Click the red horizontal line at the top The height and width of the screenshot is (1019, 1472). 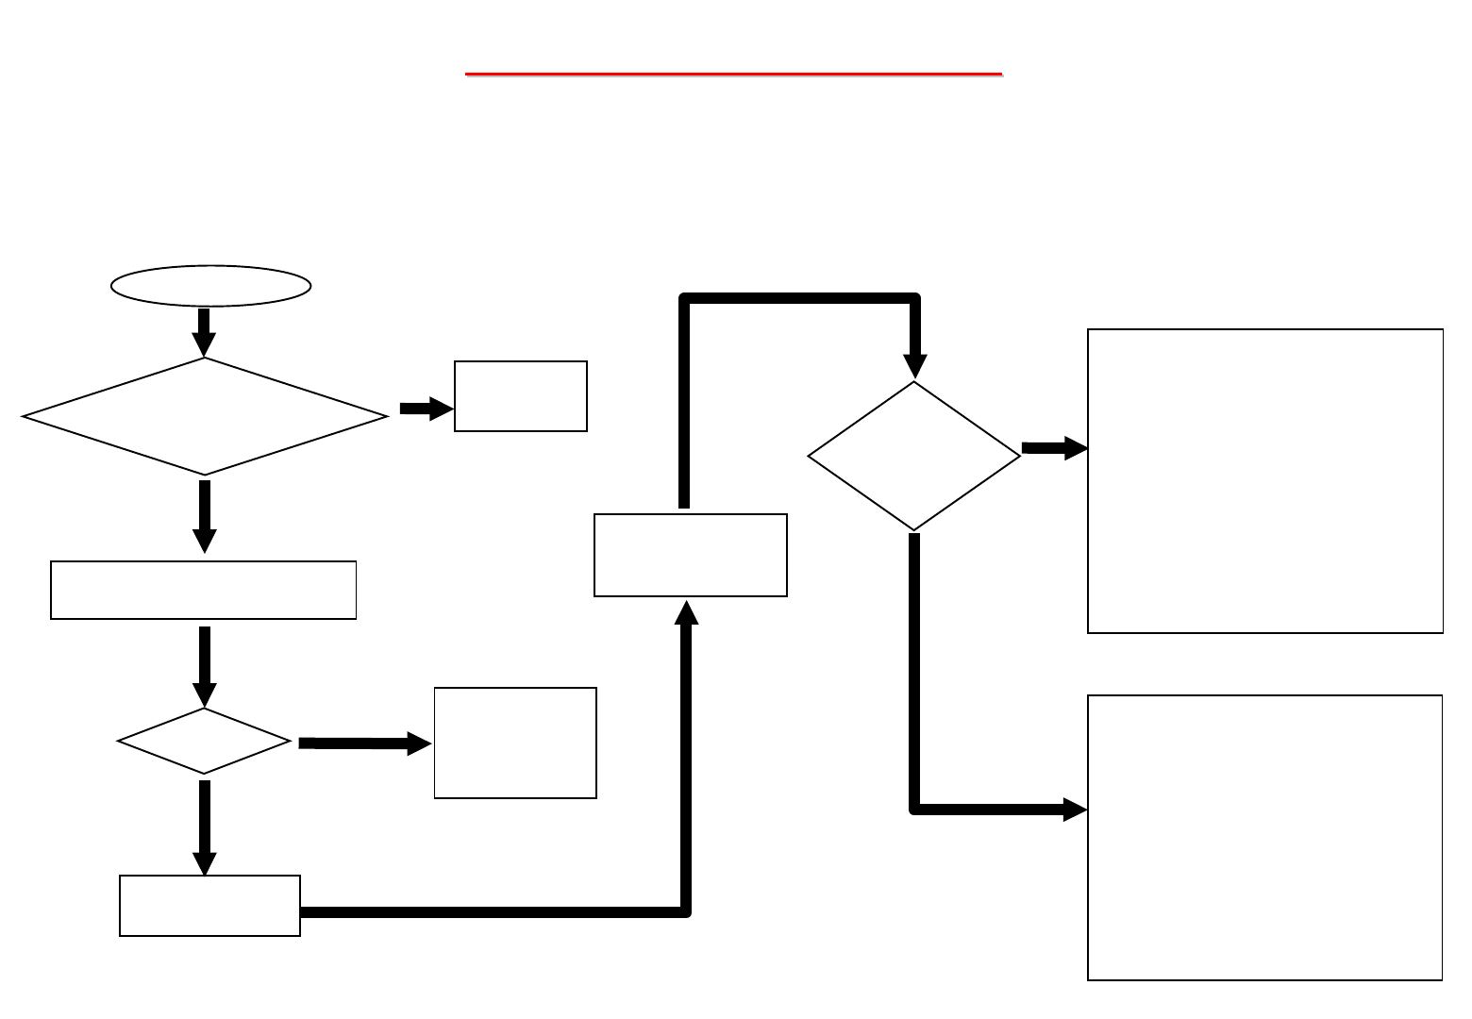tap(733, 73)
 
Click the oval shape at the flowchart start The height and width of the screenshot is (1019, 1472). tap(210, 285)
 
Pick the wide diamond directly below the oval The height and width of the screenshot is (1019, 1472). tap(205, 415)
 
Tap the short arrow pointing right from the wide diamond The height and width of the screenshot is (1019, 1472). tap(425, 409)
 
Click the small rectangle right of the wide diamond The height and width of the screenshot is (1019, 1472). tap(521, 396)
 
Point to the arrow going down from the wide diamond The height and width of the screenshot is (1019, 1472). tap(205, 515)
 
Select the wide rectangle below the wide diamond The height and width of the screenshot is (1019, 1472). tap(204, 590)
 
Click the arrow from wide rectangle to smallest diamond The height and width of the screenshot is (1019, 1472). tap(205, 664)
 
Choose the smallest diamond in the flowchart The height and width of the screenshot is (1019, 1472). tap(205, 741)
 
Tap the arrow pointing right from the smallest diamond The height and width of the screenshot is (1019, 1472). tap(364, 743)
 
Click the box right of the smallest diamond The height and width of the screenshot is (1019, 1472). tap(515, 743)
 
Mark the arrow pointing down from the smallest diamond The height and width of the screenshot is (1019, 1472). tap(205, 827)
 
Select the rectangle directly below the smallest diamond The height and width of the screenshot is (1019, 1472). tap(209, 906)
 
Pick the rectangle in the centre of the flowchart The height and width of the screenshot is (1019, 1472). tap(691, 555)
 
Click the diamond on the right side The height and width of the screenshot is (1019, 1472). tap(914, 456)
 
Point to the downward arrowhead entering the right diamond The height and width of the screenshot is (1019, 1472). tap(914, 366)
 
